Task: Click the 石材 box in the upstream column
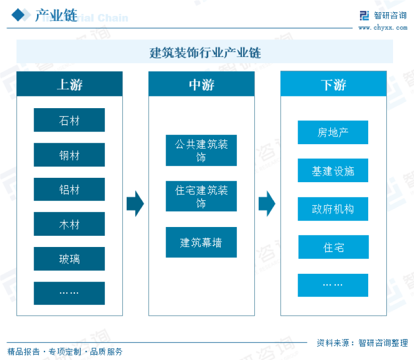pyautogui.click(x=69, y=120)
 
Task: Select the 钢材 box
pyautogui.click(x=69, y=155)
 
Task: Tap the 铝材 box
pyautogui.click(x=69, y=189)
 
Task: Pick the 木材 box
pyautogui.click(x=69, y=224)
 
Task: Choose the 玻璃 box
pyautogui.click(x=69, y=259)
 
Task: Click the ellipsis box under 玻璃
pyautogui.click(x=69, y=293)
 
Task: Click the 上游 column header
pyautogui.click(x=70, y=84)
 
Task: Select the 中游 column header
pyautogui.click(x=201, y=84)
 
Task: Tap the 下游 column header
pyautogui.click(x=334, y=84)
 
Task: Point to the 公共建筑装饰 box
pyautogui.click(x=201, y=151)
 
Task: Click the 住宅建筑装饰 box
pyautogui.click(x=201, y=196)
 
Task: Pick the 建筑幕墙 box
pyautogui.click(x=201, y=242)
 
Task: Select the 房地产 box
pyautogui.click(x=333, y=133)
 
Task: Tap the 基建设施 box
pyautogui.click(x=333, y=171)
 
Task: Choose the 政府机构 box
pyautogui.click(x=333, y=209)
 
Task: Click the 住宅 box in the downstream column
pyautogui.click(x=333, y=247)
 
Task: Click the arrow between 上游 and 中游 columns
pyautogui.click(x=135, y=204)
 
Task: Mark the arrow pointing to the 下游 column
pyautogui.click(x=267, y=204)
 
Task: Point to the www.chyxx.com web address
pyautogui.click(x=383, y=28)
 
